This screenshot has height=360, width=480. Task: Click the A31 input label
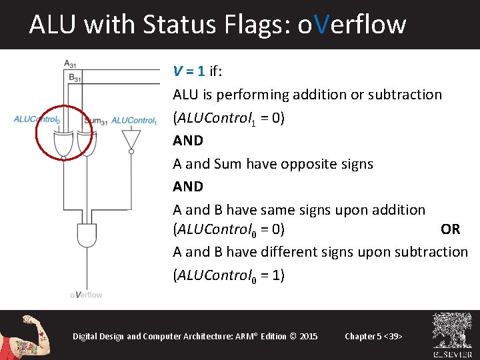69,63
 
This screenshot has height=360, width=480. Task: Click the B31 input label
74,77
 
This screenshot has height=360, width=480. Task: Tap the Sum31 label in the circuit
96,121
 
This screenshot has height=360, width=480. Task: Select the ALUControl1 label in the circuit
133,121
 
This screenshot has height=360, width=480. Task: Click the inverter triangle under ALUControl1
131,139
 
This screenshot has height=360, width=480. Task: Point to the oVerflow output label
86,294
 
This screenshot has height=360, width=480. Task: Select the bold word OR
450,229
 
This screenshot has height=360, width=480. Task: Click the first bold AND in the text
188,141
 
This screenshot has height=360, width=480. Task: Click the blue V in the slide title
321,25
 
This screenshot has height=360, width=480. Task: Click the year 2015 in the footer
309,336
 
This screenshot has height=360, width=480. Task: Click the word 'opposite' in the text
307,164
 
